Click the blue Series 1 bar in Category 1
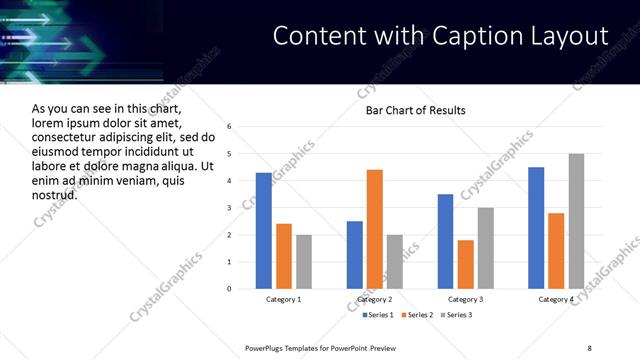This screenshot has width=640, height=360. (264, 231)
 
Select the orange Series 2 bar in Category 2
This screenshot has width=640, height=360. (375, 229)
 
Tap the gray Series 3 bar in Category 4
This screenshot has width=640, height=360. (576, 221)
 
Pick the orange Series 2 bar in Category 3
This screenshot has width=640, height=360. (466, 264)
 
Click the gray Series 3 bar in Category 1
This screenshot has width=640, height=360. (304, 262)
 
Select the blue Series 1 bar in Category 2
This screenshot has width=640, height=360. (355, 255)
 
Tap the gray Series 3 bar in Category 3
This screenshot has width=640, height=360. (486, 248)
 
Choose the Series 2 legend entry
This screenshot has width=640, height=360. (416, 316)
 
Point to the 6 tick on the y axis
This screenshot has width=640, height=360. (229, 127)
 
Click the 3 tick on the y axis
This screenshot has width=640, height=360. (229, 208)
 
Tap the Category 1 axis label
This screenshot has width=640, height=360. (284, 300)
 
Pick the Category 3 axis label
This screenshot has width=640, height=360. (465, 300)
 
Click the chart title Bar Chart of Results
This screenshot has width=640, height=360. (415, 110)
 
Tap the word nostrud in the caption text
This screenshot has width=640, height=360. (55, 194)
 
